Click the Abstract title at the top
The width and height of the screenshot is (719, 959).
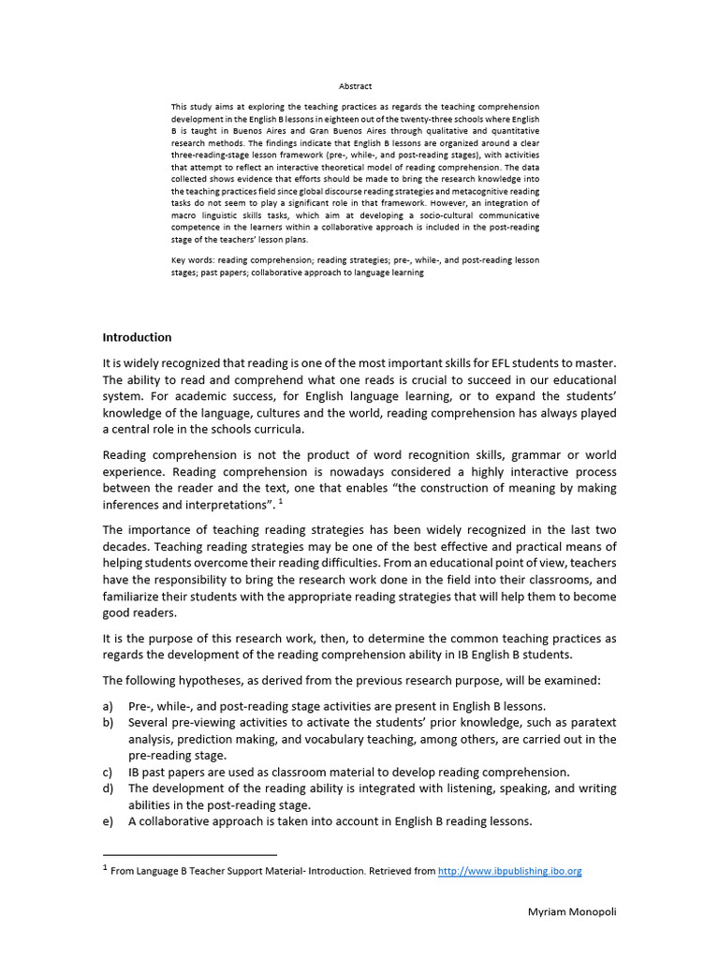(x=355, y=86)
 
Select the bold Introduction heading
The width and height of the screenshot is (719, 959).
(x=137, y=337)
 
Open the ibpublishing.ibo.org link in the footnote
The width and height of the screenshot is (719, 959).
(x=509, y=871)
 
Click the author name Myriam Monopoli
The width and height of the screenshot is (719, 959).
(x=570, y=912)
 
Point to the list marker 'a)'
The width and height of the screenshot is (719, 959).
(x=109, y=706)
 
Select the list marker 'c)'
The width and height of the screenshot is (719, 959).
(x=109, y=772)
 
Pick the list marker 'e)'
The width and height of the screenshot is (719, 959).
(x=109, y=821)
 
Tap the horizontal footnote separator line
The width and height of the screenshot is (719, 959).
(x=189, y=854)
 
